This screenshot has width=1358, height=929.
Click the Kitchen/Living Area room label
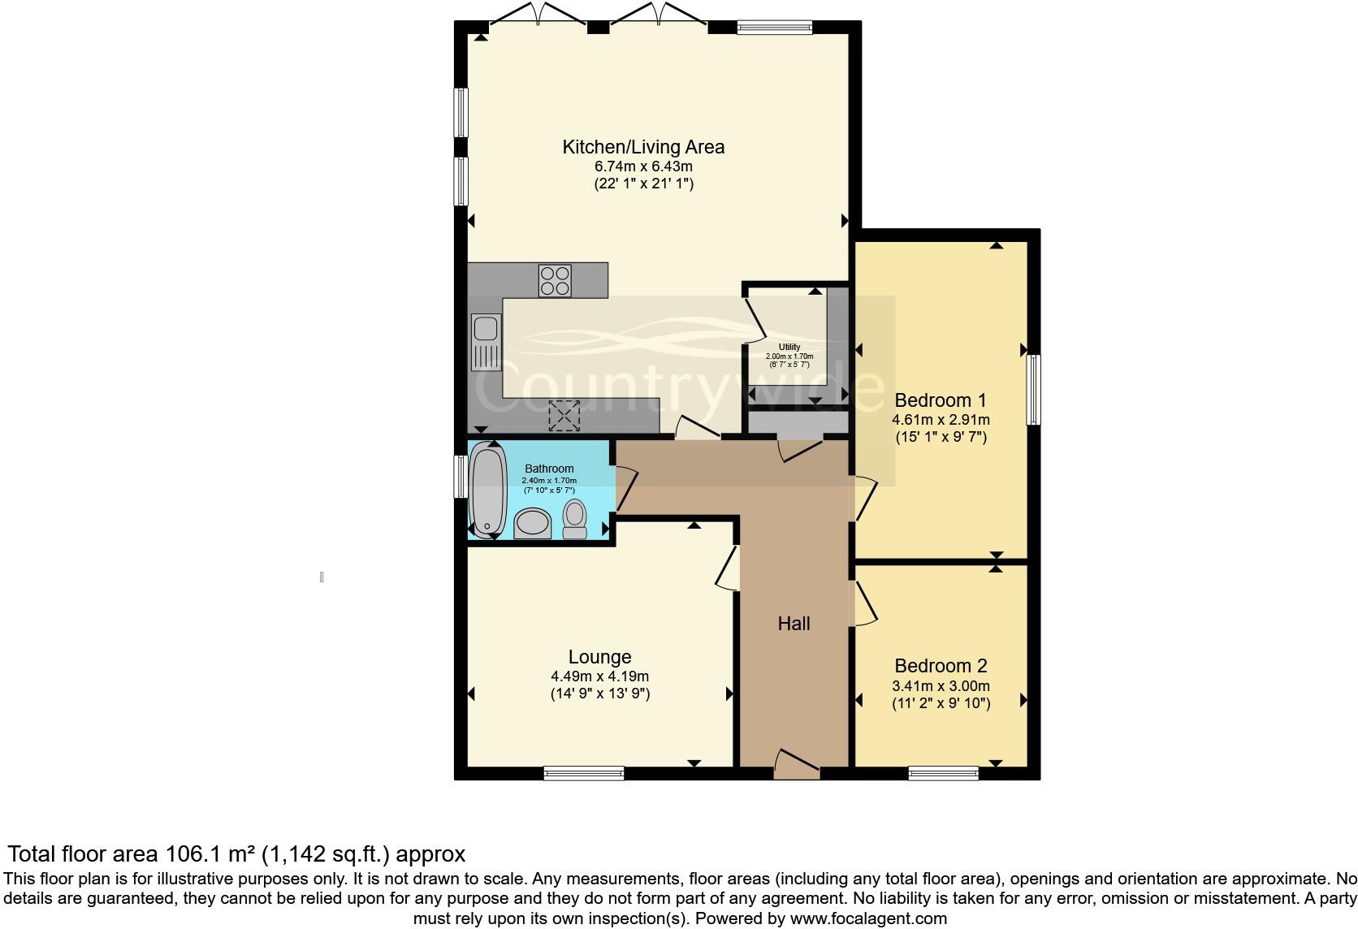point(643,147)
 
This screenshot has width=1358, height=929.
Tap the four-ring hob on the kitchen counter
point(555,281)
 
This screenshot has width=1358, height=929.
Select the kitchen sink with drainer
point(486,344)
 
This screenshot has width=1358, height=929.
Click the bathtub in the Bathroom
point(488,491)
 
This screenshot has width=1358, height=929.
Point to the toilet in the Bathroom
point(575,520)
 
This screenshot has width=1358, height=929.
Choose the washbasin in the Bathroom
point(533,524)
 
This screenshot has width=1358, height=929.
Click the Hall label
point(794,624)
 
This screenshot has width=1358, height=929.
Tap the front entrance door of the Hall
point(797,766)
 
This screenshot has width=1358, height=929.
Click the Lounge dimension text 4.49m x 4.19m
point(599,676)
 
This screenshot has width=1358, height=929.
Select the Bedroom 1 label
point(941,400)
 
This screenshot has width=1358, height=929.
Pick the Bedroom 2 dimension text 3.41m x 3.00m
point(941,686)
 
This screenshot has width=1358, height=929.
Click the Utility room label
point(789,347)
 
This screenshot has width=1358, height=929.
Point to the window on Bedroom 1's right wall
point(1033,390)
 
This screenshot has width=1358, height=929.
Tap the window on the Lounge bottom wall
point(584,773)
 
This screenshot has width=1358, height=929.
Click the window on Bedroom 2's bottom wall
point(943,773)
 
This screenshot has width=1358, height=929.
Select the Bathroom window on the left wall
point(461,476)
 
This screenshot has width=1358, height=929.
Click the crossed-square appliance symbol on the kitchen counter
point(564,415)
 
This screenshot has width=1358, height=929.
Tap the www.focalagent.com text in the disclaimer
point(868,919)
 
